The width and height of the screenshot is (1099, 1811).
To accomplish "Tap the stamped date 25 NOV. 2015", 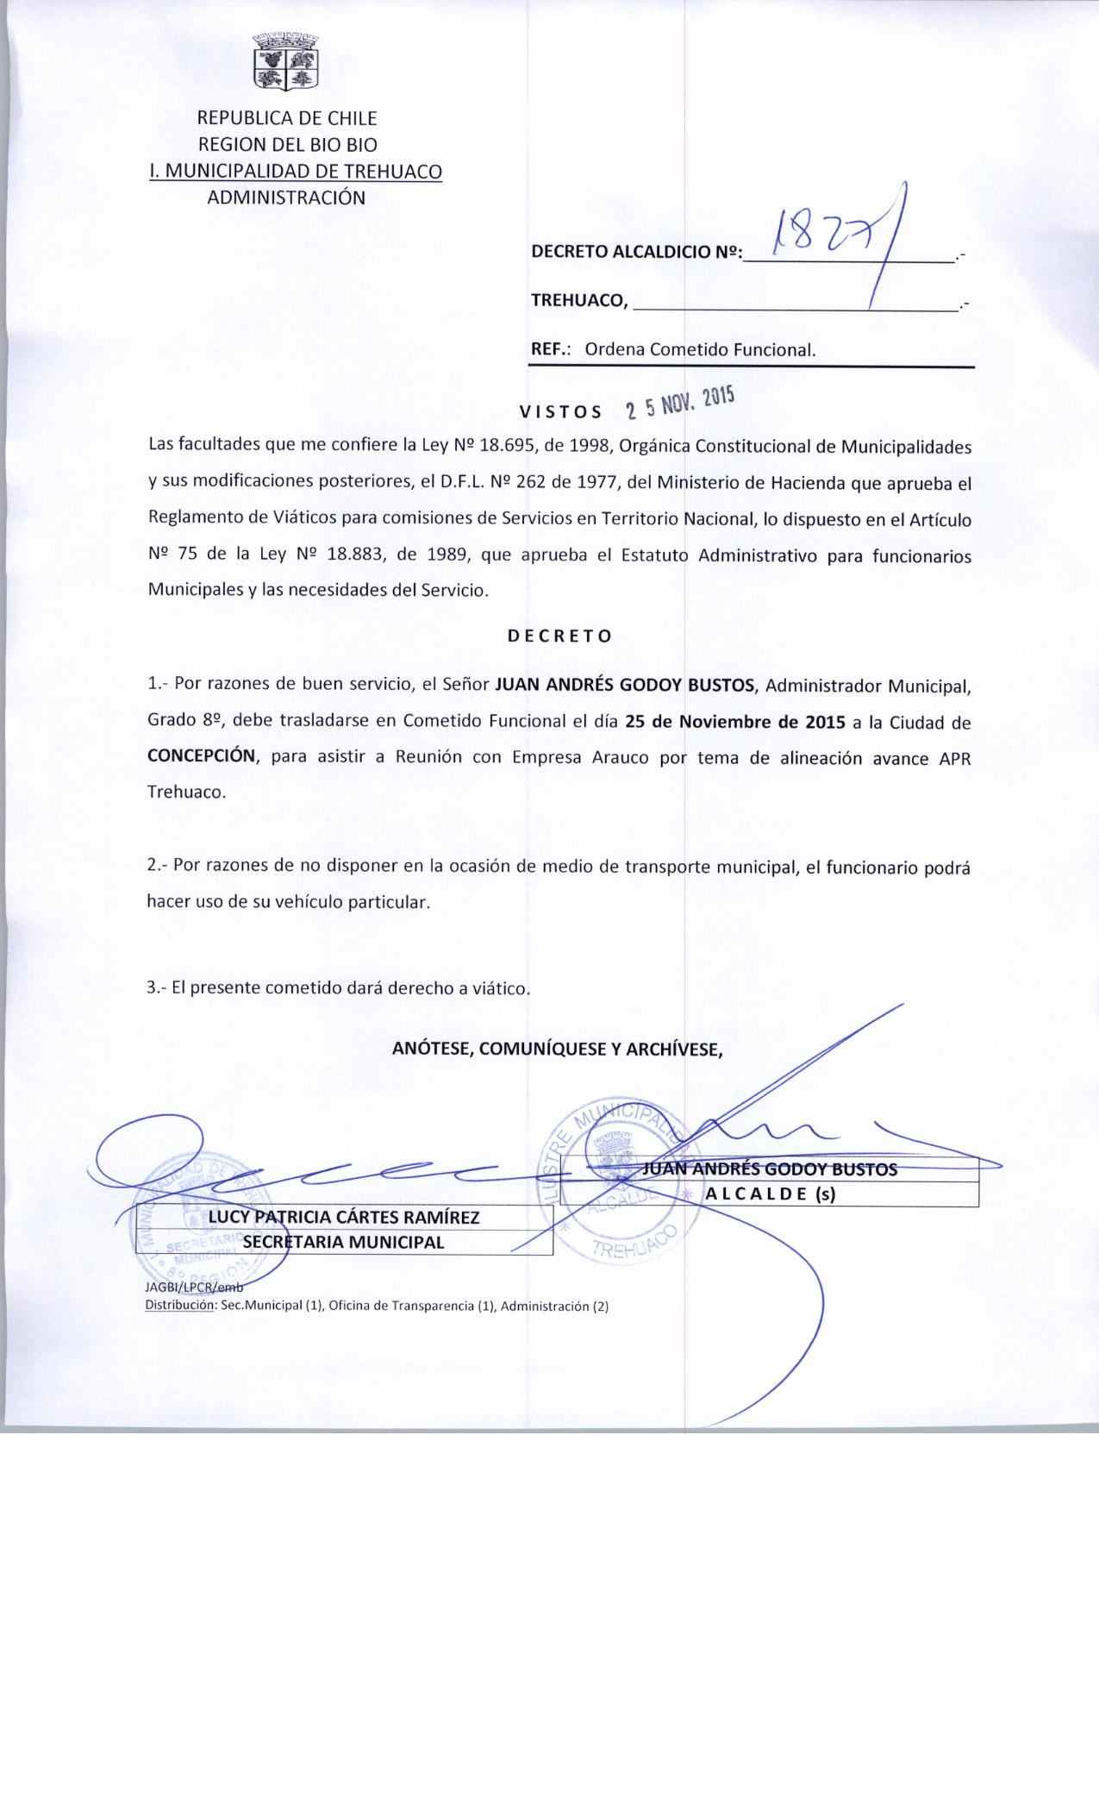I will tap(679, 403).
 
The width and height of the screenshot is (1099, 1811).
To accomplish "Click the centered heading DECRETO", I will tap(559, 636).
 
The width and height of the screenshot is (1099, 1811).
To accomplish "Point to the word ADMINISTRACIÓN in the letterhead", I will tap(286, 197).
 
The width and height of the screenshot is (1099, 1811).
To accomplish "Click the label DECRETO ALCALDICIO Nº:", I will tap(636, 253).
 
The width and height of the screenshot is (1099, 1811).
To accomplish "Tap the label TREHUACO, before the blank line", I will tap(580, 300).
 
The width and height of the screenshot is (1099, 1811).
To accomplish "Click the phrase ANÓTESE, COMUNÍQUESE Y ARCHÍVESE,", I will tap(557, 1049).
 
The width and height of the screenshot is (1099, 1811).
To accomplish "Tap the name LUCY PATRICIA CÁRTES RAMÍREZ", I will tap(344, 1217).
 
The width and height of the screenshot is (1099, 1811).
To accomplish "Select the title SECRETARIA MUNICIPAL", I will tap(343, 1242).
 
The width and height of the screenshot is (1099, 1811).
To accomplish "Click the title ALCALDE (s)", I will tap(771, 1194).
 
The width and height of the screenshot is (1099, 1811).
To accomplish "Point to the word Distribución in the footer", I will tap(179, 1306).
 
